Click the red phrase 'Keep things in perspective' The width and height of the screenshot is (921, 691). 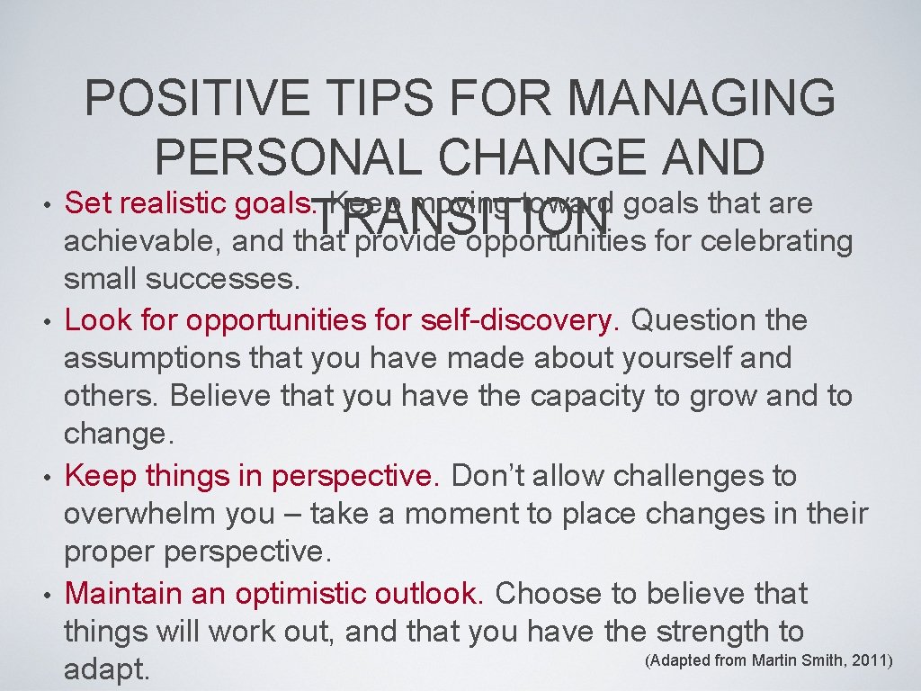[253, 475]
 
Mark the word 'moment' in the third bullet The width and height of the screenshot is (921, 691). [460, 514]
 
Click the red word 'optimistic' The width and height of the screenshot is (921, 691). [316, 593]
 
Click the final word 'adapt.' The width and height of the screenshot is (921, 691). [106, 671]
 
